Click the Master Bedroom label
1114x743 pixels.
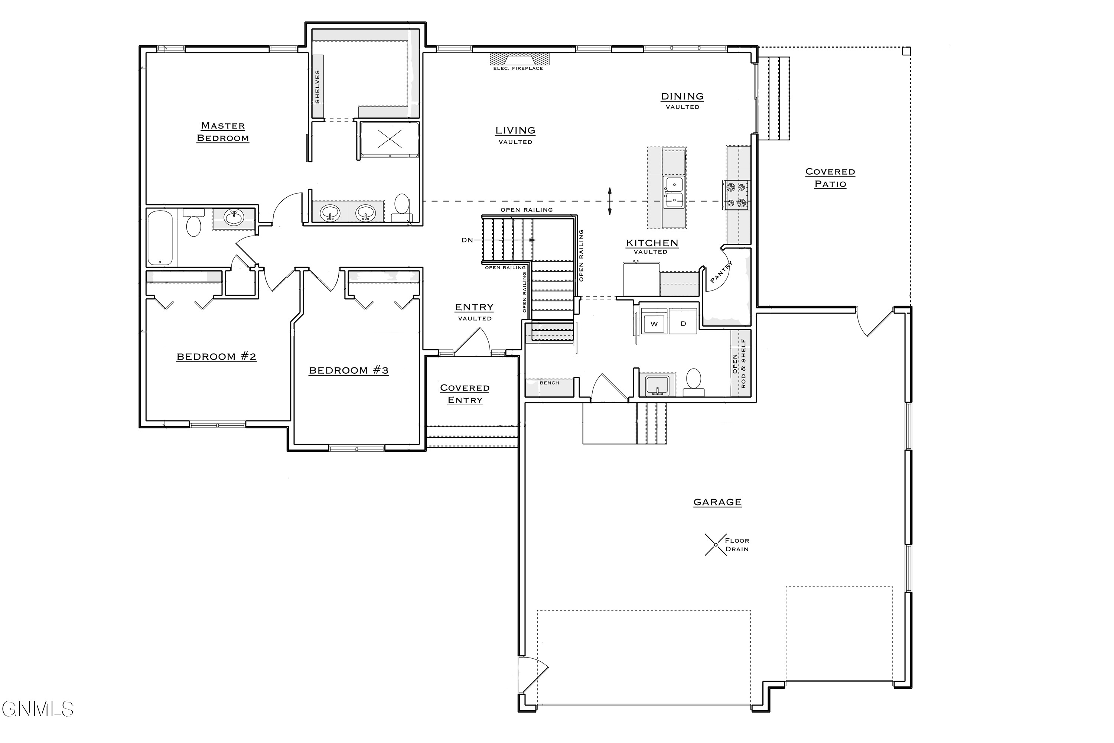[222, 132]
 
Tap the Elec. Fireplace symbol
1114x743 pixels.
[519, 60]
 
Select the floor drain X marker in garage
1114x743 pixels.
[715, 545]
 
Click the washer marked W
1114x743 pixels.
[654, 324]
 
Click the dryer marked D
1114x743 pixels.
[683, 324]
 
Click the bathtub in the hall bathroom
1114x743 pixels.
[160, 238]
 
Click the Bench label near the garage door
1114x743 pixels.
[550, 383]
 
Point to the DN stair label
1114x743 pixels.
[467, 240]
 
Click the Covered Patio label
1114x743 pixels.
[830, 178]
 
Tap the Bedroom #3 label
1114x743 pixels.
[349, 370]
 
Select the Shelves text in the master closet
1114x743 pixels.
[317, 86]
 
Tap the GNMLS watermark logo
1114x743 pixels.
[38, 709]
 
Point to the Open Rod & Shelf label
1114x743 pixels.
[739, 364]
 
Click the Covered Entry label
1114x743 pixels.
[465, 394]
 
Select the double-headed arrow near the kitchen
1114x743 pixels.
[610, 201]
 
